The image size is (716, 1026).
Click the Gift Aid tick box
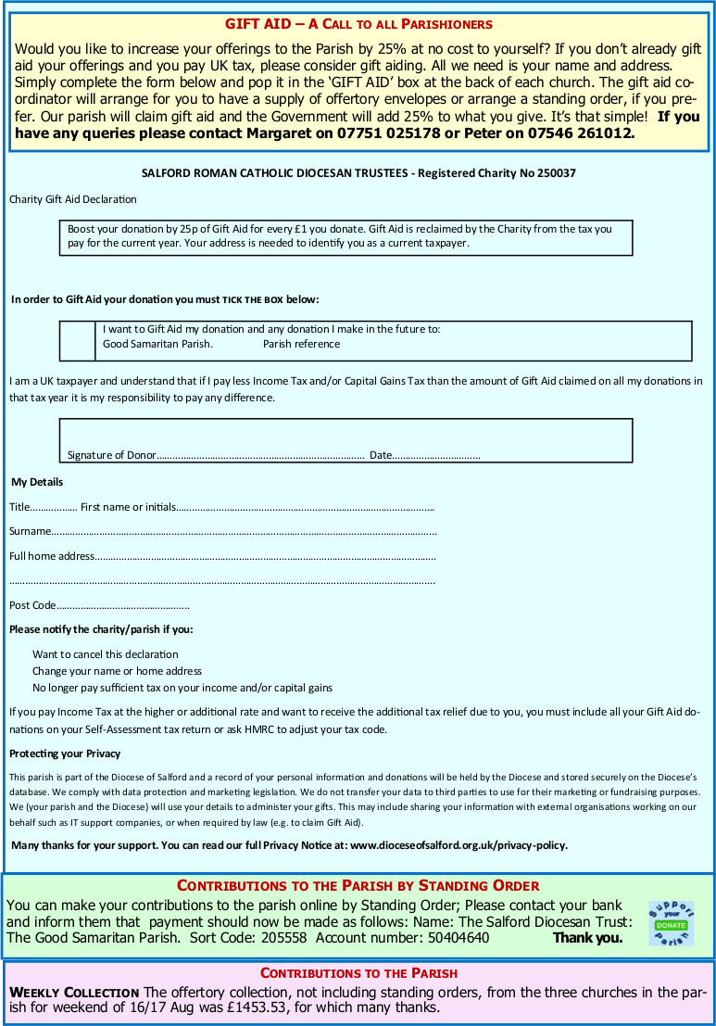click(77, 340)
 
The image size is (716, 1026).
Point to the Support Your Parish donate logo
click(672, 924)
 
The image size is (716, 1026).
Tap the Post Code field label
click(32, 605)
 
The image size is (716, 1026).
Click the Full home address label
click(52, 556)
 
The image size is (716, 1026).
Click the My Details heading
click(37, 482)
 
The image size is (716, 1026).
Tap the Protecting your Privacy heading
click(65, 754)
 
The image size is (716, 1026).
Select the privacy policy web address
click(458, 845)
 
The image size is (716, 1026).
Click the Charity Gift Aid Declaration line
click(72, 199)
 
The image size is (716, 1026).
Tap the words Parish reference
click(301, 344)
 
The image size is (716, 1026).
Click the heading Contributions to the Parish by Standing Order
click(358, 885)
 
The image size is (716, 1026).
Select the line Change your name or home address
click(117, 671)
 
